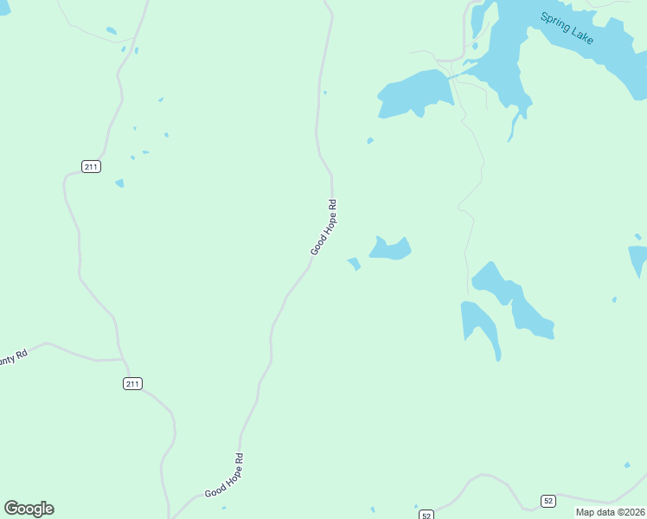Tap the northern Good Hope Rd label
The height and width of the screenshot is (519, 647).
[323, 227]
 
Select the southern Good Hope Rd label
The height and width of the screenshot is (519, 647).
[224, 475]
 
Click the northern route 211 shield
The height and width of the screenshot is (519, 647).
[92, 166]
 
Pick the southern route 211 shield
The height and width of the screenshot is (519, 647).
[132, 383]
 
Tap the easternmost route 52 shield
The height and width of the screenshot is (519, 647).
[548, 501]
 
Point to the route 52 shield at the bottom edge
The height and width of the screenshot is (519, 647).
[426, 515]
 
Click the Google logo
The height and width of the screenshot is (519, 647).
[29, 509]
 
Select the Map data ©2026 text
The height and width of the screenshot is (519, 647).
[610, 512]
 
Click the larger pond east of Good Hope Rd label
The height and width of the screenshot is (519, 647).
[390, 249]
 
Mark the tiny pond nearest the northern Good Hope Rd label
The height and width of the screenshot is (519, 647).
[354, 263]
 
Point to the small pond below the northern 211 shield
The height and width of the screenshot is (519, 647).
[119, 183]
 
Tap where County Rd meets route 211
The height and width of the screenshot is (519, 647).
[123, 358]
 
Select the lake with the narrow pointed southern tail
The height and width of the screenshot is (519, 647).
[481, 324]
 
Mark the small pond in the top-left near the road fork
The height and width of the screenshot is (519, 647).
[112, 31]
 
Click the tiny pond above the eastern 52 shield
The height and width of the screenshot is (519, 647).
[627, 465]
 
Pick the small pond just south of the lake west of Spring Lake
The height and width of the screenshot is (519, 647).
[370, 140]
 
